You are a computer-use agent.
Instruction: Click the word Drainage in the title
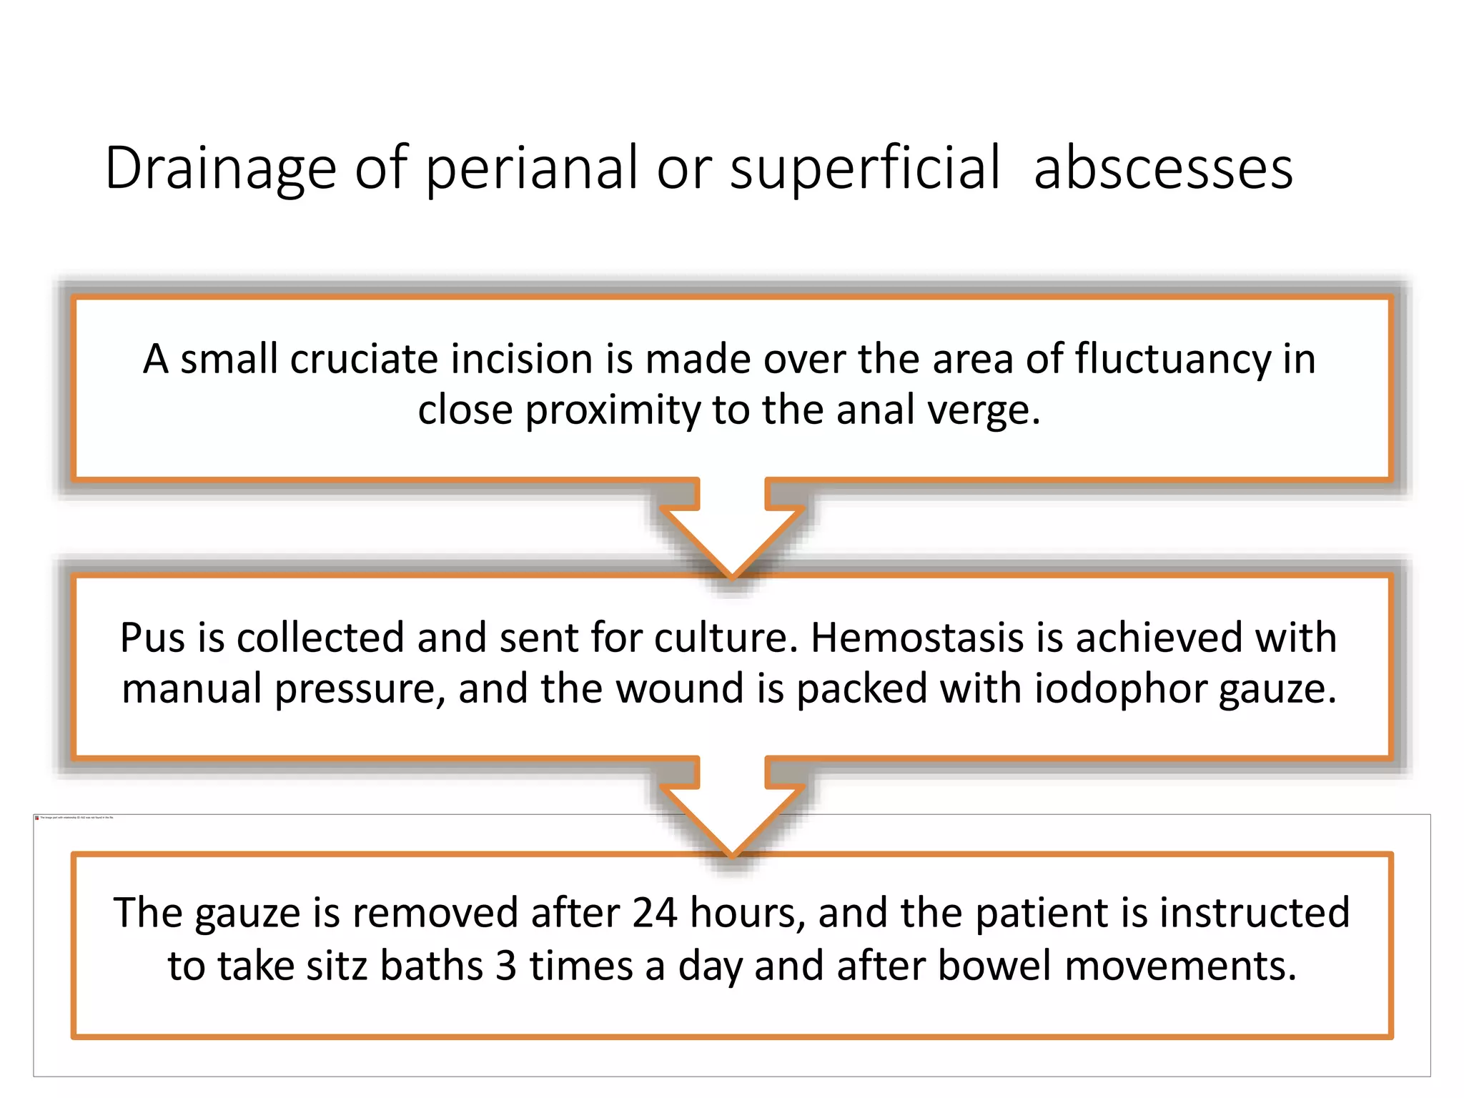220,169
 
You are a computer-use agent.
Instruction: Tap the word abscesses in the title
1163,169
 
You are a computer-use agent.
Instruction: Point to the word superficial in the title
865,169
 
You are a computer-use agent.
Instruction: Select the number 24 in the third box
654,914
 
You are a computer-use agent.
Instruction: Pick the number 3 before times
506,966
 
